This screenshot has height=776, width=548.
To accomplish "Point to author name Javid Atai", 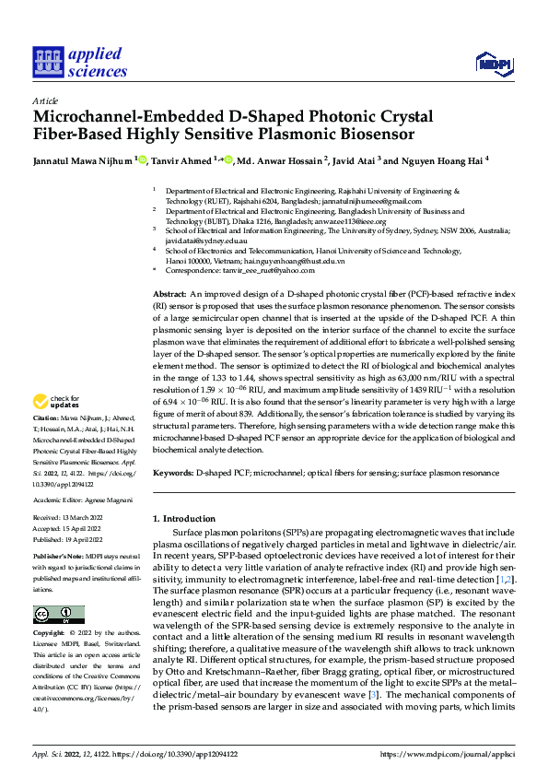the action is coord(351,159).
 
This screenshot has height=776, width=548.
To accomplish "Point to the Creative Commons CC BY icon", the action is coord(58,589).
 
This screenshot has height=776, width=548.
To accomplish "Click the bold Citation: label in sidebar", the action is coord(48,444).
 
